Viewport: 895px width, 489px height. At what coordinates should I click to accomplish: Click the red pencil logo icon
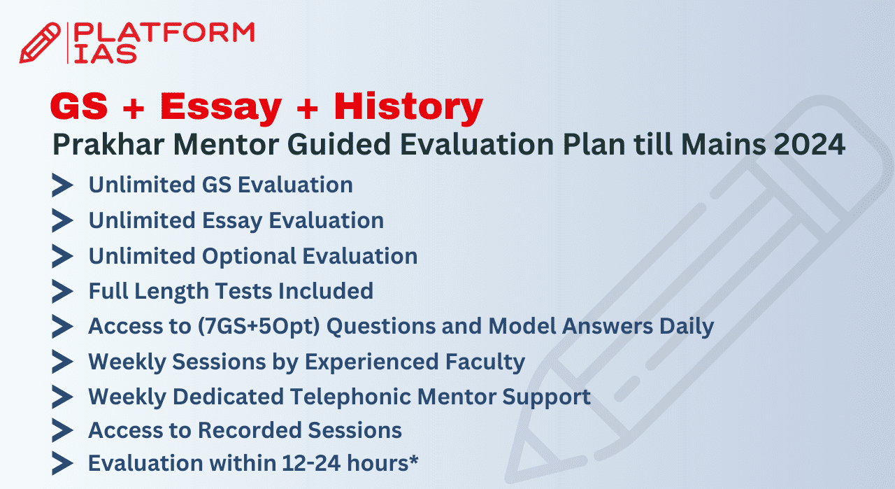[x=40, y=43]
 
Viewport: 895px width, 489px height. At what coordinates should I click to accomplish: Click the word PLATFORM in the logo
[x=164, y=32]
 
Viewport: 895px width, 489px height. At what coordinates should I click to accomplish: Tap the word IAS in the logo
[x=106, y=54]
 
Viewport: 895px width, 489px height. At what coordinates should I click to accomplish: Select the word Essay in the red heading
[x=221, y=107]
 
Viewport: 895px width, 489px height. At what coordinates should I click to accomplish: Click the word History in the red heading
[x=408, y=107]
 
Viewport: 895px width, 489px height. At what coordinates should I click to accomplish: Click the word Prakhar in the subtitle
[x=108, y=144]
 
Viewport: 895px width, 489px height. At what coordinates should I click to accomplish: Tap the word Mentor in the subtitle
[x=226, y=144]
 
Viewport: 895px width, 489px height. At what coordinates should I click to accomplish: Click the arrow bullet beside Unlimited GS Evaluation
[x=62, y=185]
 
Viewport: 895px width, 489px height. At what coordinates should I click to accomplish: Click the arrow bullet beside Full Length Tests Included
[x=62, y=291]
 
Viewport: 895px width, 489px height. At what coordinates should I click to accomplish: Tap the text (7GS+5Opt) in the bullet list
[x=259, y=326]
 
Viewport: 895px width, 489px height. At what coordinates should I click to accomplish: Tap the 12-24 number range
[x=311, y=463]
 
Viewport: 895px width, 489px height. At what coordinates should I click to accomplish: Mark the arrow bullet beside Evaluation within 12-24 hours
[x=62, y=463]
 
